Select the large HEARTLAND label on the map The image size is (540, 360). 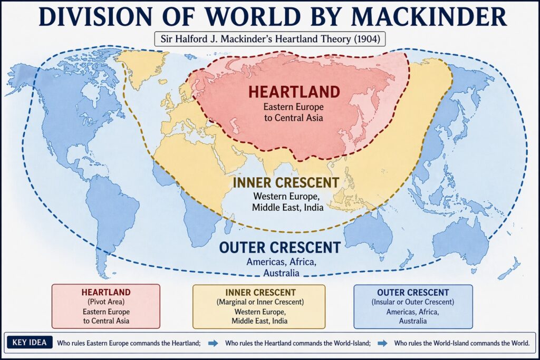[x=294, y=91]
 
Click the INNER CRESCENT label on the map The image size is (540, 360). [x=286, y=183]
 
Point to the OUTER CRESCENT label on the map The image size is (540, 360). [x=279, y=247]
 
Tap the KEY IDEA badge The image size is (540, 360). [x=29, y=343]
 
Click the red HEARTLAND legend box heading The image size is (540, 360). [x=106, y=291]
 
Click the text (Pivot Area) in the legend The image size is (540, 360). [x=106, y=301]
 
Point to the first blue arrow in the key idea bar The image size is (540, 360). [x=213, y=343]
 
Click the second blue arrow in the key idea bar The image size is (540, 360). [x=383, y=343]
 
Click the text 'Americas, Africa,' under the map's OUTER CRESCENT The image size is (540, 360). [x=279, y=262]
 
